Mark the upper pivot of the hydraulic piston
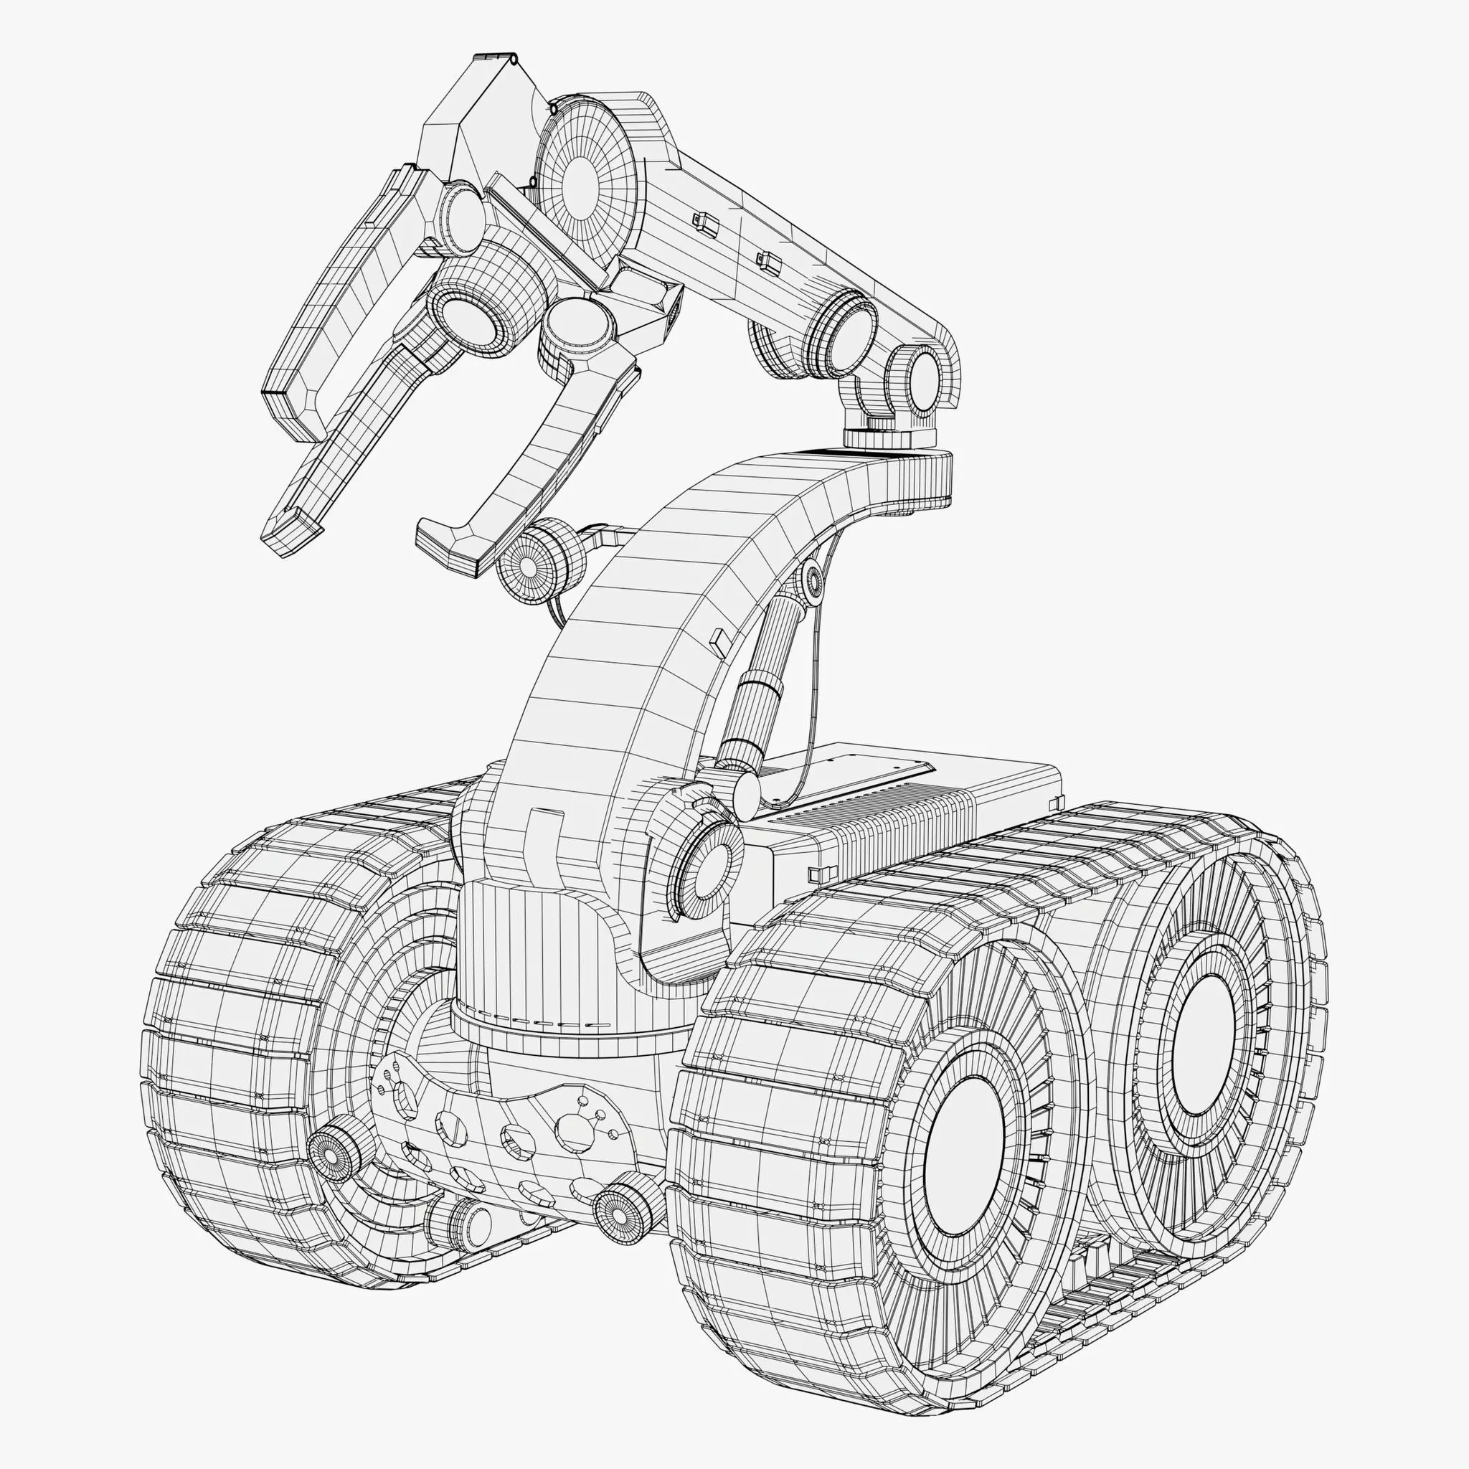tap(812, 582)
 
